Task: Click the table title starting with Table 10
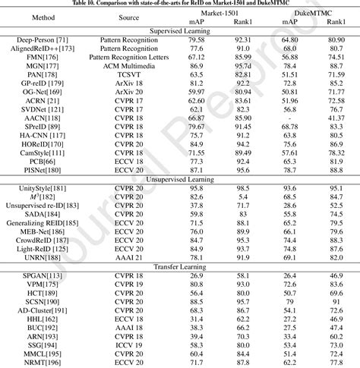(x=180, y=4)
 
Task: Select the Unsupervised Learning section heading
(x=180, y=178)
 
